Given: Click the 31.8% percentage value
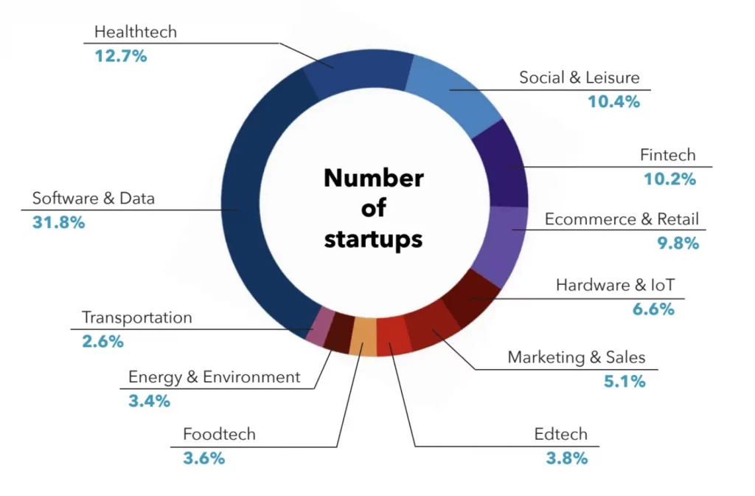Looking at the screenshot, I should pyautogui.click(x=58, y=221).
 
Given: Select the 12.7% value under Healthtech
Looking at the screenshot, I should pyautogui.click(x=120, y=55).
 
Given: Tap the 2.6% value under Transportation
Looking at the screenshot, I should pyautogui.click(x=102, y=341).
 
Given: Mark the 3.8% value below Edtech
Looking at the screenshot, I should pyautogui.click(x=566, y=458).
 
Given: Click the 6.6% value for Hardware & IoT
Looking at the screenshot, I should pyautogui.click(x=653, y=309).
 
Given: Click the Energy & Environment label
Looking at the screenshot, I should pyautogui.click(x=214, y=377).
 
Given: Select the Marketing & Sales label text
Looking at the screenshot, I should pyautogui.click(x=576, y=358).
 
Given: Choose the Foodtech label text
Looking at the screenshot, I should pyautogui.click(x=219, y=433).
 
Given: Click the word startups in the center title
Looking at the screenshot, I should pyautogui.click(x=373, y=240).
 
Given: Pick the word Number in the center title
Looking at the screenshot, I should pyautogui.click(x=373, y=179).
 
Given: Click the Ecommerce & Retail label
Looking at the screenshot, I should pyautogui.click(x=621, y=219).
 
